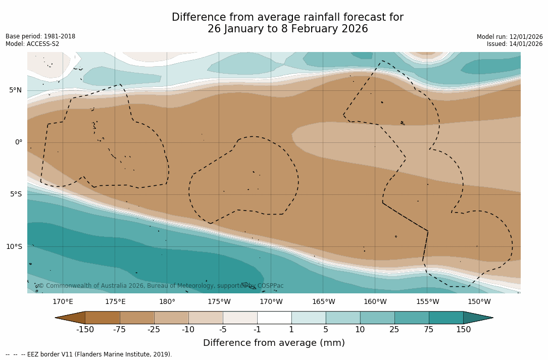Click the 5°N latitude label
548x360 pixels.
[x=15, y=90]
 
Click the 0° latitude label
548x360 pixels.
[x=18, y=142]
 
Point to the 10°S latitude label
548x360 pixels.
[x=14, y=247]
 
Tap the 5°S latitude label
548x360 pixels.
[x=15, y=194]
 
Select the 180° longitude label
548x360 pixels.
[x=167, y=302]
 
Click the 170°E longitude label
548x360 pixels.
[x=63, y=302]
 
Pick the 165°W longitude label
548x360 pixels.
[x=323, y=302]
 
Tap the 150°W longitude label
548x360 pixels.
[x=479, y=302]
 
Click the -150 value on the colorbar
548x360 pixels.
[x=85, y=330]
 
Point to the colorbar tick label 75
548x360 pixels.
[x=429, y=330]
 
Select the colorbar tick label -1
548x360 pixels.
[x=257, y=330]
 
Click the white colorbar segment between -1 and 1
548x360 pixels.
[x=274, y=318]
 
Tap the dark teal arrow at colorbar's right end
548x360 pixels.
[x=477, y=318]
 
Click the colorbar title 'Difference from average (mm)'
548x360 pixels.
[x=274, y=343]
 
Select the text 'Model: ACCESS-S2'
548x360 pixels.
[x=32, y=44]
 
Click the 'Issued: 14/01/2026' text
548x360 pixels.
[x=515, y=44]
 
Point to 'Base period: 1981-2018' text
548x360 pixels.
[x=40, y=36]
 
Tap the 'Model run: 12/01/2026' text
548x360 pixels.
[x=510, y=37]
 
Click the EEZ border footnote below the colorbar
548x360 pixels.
[x=89, y=354]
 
